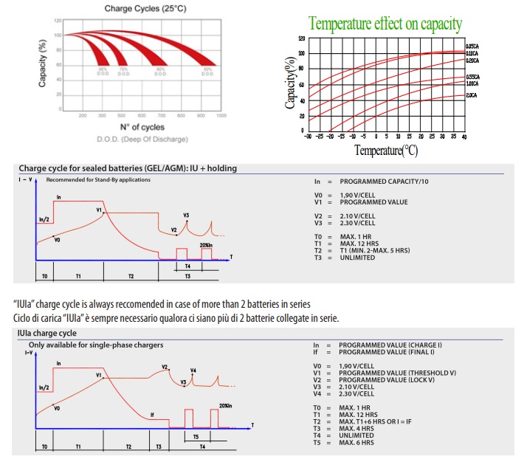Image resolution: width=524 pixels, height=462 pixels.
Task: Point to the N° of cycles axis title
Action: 142,128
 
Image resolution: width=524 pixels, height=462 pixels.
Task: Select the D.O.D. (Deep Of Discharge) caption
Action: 142,139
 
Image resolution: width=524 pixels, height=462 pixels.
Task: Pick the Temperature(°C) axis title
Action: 385,151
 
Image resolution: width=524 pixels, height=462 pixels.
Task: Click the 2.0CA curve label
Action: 472,95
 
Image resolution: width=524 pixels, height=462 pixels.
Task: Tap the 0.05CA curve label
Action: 473,46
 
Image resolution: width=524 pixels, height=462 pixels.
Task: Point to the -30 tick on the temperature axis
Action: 308,137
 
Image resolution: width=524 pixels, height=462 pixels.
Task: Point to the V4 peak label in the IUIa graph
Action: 193,370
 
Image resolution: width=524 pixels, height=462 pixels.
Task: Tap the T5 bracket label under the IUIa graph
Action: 195,437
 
